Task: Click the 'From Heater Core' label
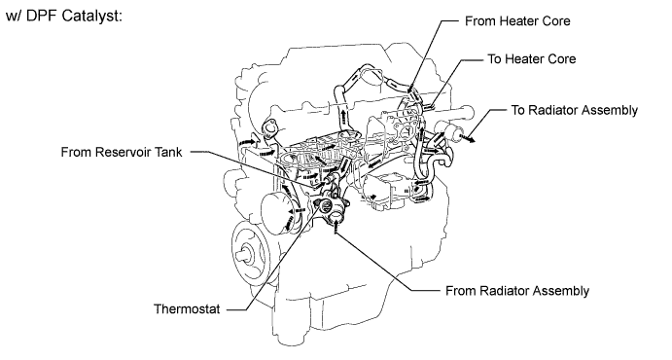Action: [517, 21]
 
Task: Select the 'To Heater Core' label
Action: [531, 58]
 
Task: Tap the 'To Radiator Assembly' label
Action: [575, 110]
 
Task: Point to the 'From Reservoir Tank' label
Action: [122, 152]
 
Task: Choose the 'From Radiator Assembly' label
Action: [517, 291]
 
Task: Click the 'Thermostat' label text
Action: [187, 309]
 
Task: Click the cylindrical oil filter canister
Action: [275, 213]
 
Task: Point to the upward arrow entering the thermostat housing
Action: [336, 227]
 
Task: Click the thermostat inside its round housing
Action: [325, 205]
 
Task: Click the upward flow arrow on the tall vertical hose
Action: [343, 115]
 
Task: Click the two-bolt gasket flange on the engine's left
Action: [269, 128]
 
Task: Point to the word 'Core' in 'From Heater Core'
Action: [556, 21]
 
